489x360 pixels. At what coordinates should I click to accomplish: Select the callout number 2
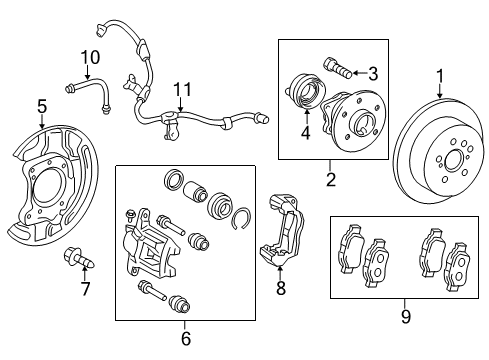pyautogui.click(x=331, y=180)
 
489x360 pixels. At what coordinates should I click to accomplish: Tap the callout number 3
pyautogui.click(x=373, y=72)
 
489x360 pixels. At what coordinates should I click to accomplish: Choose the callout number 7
pyautogui.click(x=86, y=290)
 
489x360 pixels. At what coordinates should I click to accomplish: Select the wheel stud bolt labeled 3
pyautogui.click(x=337, y=70)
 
